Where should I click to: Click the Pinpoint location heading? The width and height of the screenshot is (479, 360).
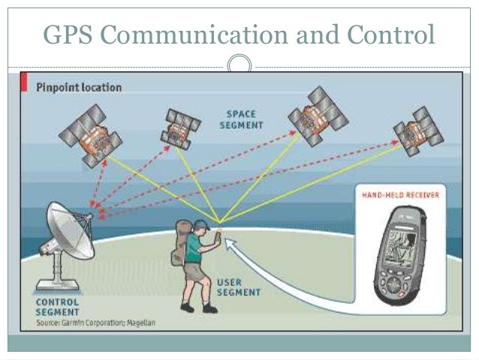[79, 87]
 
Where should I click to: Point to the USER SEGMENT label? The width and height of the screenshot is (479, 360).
[239, 287]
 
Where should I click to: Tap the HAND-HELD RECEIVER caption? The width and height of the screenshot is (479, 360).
[396, 195]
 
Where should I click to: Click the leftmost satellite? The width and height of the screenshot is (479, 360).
[91, 136]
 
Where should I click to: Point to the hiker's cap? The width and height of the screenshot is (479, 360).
[201, 225]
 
